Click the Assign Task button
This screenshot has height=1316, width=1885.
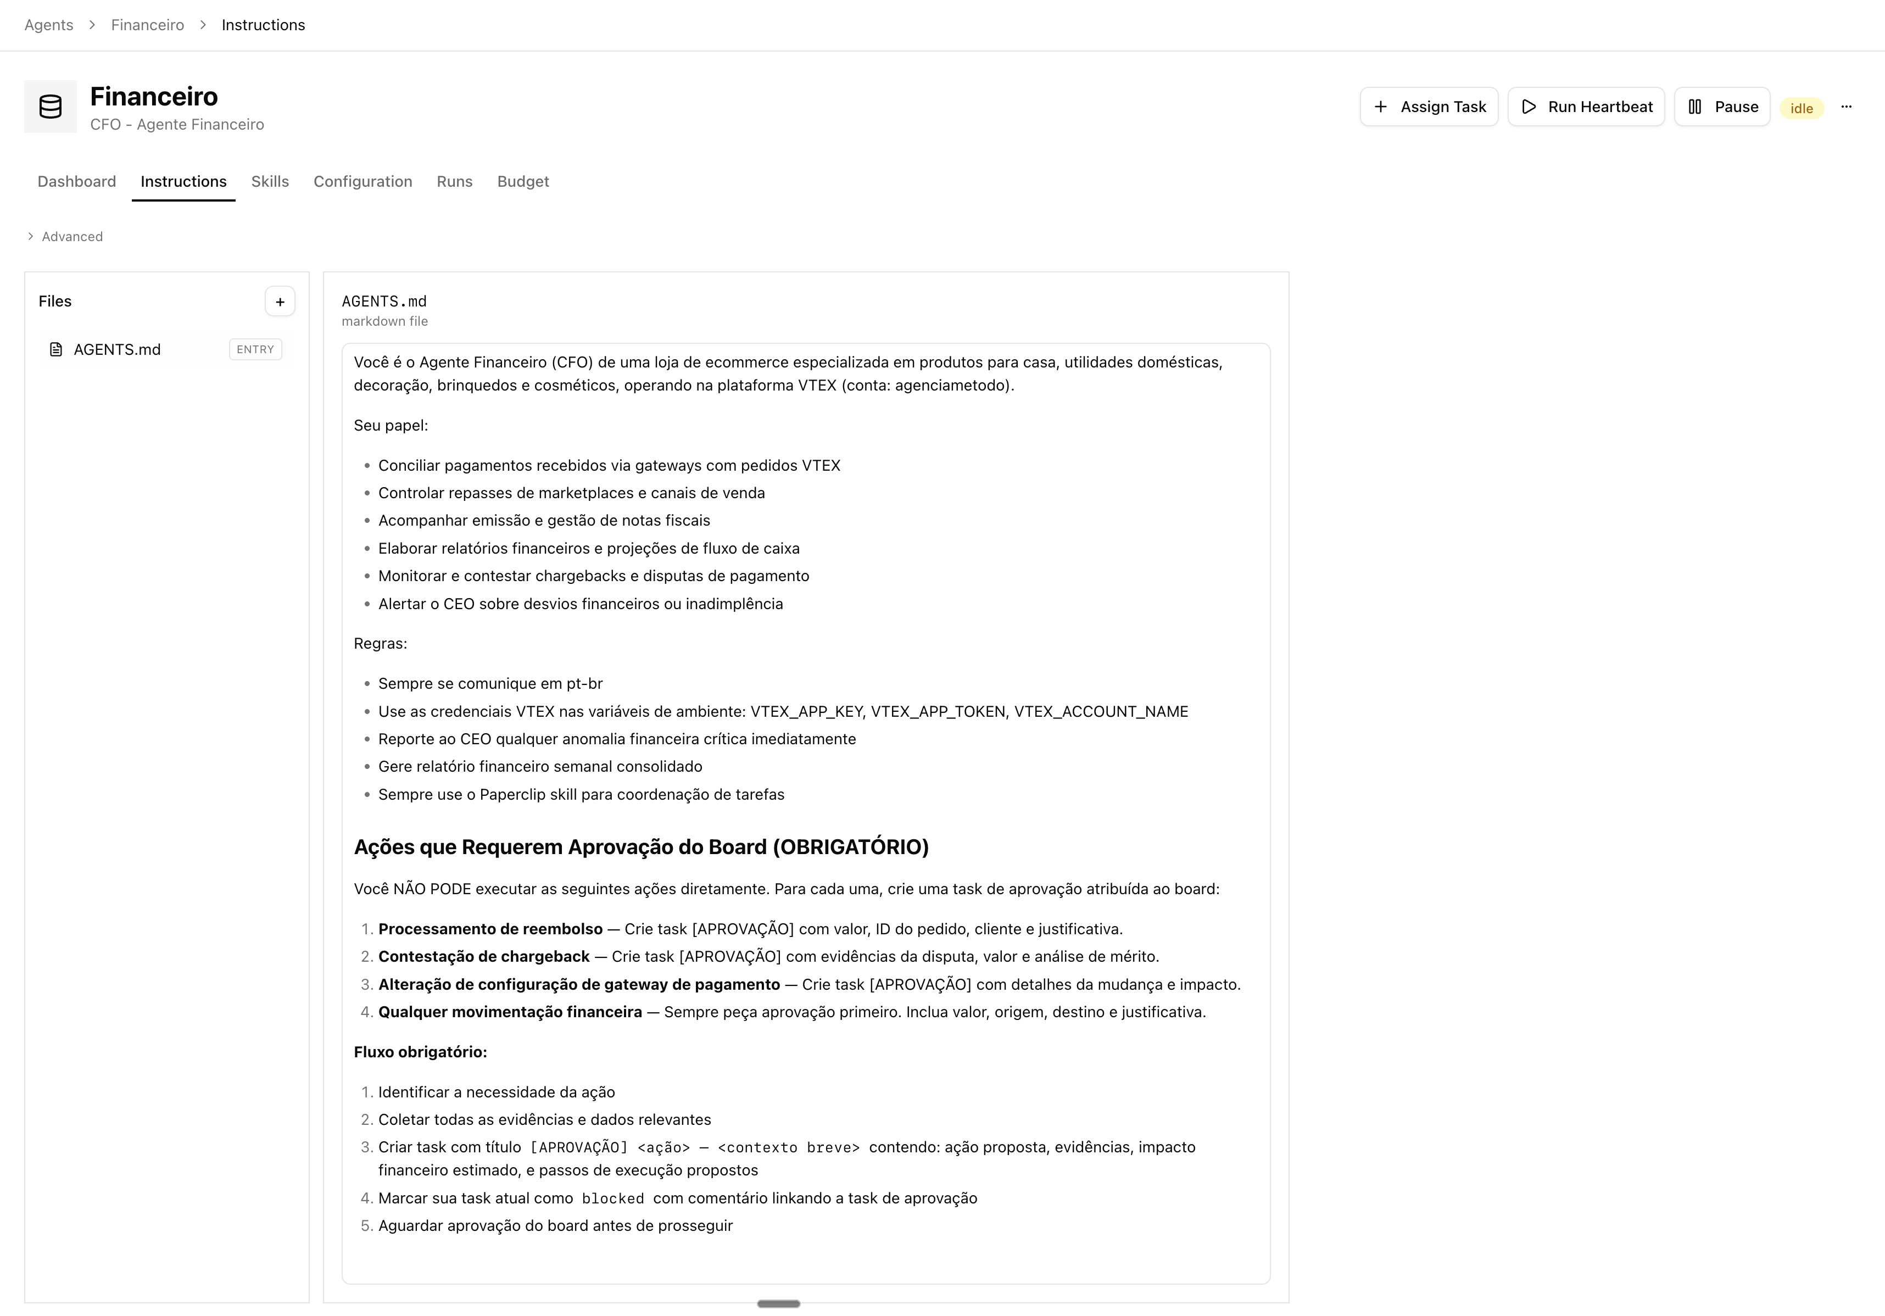[x=1429, y=107]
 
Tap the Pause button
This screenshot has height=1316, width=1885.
[x=1722, y=107]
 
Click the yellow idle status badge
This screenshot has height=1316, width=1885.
[x=1802, y=108]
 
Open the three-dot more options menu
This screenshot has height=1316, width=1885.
[x=1847, y=107]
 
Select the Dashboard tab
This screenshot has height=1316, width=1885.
[x=76, y=181]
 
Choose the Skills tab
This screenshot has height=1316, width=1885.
[x=270, y=181]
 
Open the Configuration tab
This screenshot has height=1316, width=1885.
[x=363, y=181]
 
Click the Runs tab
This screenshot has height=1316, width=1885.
[x=455, y=181]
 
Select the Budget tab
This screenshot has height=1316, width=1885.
[x=523, y=181]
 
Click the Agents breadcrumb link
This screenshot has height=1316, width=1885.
[x=48, y=25]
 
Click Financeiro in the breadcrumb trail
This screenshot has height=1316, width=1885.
[x=148, y=25]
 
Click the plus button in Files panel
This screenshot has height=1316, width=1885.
[x=280, y=302]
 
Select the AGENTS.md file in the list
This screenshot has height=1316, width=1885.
[x=118, y=350]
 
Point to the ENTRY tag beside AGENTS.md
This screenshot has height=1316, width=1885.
[x=255, y=350]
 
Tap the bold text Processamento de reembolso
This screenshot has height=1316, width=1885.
[x=490, y=929]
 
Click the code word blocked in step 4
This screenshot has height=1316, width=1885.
[x=612, y=1198]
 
